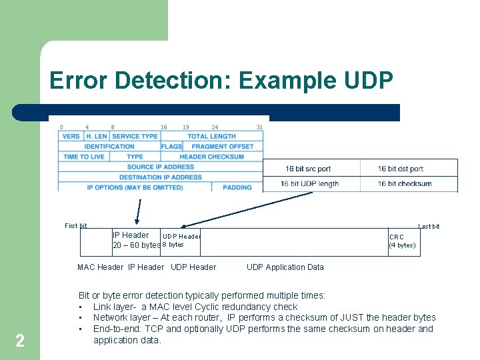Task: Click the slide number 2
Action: [20, 341]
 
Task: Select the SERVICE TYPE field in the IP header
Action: [135, 136]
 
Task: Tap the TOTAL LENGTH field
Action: [211, 136]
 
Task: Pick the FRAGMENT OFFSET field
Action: [223, 147]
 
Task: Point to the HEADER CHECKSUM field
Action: [211, 157]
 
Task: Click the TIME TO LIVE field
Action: [83, 157]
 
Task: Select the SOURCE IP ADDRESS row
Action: [160, 167]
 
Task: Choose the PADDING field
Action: [237, 187]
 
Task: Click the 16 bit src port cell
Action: [308, 169]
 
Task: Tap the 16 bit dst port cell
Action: [401, 169]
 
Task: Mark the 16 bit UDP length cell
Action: [309, 183]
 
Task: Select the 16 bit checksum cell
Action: [405, 183]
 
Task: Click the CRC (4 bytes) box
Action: [403, 241]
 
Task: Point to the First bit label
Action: [75, 226]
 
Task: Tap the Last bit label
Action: [429, 227]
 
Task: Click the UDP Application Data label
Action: [285, 267]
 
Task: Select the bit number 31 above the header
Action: [259, 127]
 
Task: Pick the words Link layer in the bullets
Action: [113, 307]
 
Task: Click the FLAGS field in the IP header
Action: [171, 147]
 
